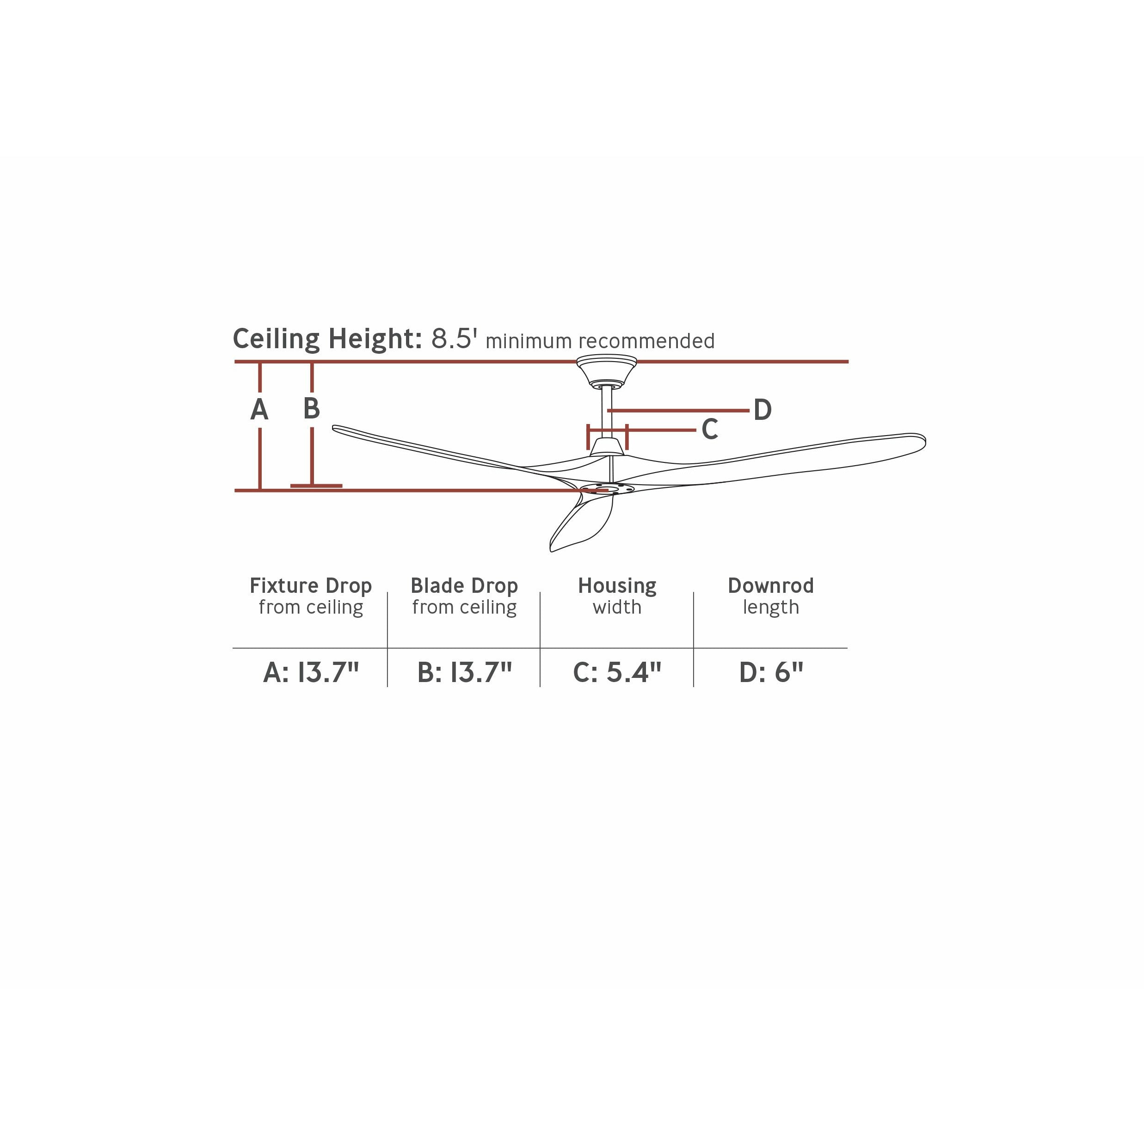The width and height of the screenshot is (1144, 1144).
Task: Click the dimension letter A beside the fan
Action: (259, 409)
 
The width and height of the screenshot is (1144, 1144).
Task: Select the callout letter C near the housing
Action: (709, 429)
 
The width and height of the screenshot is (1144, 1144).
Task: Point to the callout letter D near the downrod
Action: (763, 410)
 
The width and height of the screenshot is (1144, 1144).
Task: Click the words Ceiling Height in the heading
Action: (327, 338)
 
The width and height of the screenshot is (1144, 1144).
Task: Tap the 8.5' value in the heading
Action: (454, 338)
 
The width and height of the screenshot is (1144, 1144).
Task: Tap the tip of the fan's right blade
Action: (925, 441)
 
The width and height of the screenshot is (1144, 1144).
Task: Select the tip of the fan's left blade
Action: (333, 428)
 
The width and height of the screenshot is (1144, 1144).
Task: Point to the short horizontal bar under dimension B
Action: (316, 486)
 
